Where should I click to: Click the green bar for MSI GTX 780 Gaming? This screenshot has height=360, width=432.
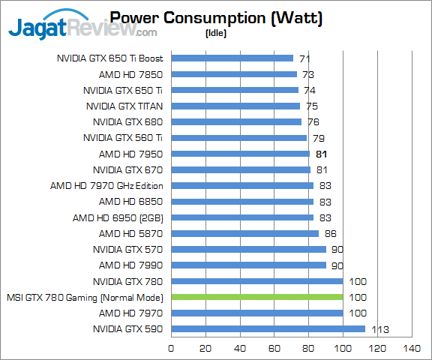point(257,297)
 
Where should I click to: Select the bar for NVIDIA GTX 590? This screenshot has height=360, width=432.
point(268,328)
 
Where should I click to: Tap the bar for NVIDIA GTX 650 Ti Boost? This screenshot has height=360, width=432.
point(232,58)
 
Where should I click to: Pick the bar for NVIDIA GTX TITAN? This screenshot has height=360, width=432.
point(235,106)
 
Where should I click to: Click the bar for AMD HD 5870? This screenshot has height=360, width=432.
point(245,233)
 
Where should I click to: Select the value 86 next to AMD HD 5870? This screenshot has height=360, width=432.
point(330,233)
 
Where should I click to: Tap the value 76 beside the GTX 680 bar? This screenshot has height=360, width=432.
point(313,121)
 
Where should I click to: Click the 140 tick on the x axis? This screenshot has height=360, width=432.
point(411,348)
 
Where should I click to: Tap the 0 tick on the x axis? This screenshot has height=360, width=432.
point(172,348)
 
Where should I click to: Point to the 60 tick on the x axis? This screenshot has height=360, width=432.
point(274,348)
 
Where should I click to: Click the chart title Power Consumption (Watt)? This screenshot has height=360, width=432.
point(216,18)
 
